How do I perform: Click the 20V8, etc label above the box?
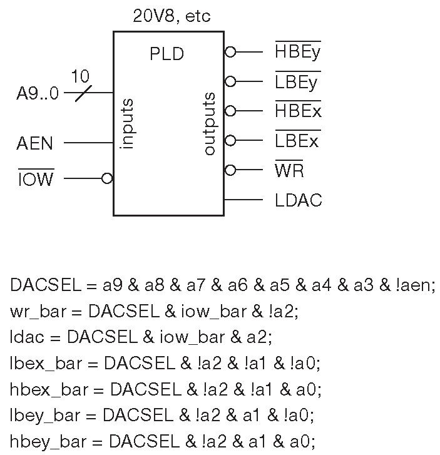click(171, 16)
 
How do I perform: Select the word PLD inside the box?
click(166, 54)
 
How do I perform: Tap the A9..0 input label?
click(38, 95)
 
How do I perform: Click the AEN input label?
click(35, 144)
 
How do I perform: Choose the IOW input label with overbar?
click(36, 180)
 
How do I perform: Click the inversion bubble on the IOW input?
click(107, 178)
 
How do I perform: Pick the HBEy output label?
click(297, 52)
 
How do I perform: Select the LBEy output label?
click(296, 82)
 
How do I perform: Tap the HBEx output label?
click(297, 111)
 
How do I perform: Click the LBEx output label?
click(296, 141)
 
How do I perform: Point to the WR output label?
click(289, 171)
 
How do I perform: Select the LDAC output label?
click(298, 201)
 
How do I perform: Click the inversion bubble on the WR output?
click(230, 170)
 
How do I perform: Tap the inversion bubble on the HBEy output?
click(230, 52)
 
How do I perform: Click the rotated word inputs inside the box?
click(128, 123)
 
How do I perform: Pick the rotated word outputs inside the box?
click(210, 123)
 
